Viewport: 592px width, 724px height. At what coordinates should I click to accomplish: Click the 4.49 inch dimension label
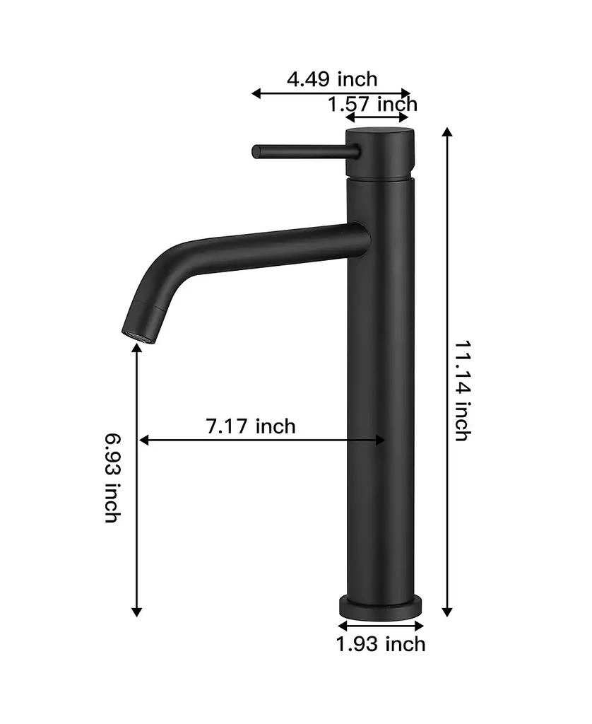(331, 78)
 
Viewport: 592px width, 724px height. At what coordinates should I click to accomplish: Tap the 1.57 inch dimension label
(372, 105)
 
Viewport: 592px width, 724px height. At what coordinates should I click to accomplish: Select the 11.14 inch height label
(461, 390)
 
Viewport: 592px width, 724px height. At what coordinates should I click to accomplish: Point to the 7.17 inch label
(250, 426)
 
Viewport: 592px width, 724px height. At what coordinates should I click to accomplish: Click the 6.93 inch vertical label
(112, 478)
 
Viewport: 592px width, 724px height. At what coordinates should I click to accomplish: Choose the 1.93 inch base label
(381, 644)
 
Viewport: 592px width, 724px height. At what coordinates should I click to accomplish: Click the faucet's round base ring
(381, 607)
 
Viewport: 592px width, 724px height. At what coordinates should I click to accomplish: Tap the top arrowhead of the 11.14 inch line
(446, 132)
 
